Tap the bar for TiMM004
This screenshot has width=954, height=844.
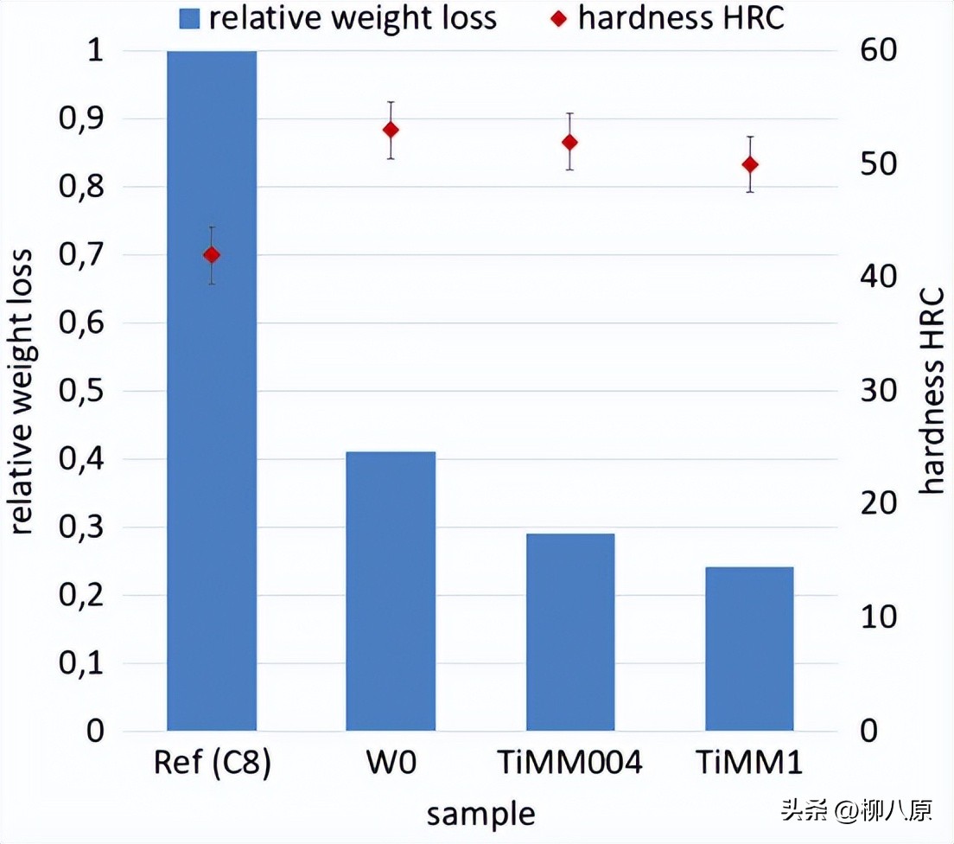pos(570,631)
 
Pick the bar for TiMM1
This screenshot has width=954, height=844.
pos(749,649)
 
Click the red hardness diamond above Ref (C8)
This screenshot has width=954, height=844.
pos(212,255)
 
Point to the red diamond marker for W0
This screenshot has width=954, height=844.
pos(391,130)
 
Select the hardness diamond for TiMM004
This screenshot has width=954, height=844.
pos(569,142)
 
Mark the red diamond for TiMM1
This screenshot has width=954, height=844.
pos(749,164)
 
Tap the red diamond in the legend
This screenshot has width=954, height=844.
pos(558,19)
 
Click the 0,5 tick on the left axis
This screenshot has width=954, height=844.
pos(79,391)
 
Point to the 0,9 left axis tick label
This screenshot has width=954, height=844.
pos(79,118)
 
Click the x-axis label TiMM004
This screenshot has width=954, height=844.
pos(569,764)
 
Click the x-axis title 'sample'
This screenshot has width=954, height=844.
pos(480,815)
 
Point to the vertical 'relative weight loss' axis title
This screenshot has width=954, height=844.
pos(23,391)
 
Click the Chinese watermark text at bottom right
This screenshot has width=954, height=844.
pos(856,810)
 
